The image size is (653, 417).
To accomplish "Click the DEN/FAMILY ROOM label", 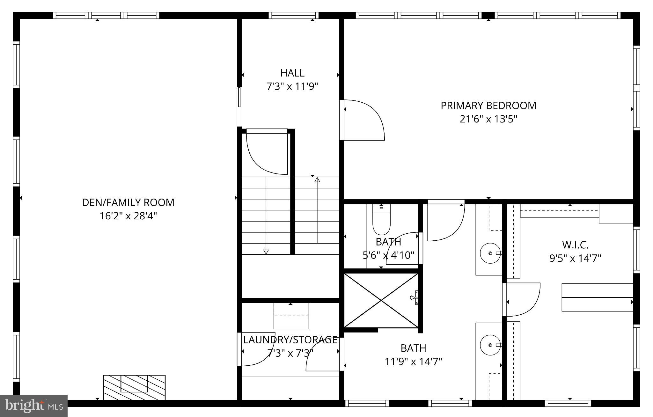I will click(128, 202).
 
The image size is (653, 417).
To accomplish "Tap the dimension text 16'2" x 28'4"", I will click(128, 216).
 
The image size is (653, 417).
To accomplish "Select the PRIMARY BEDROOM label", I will click(488, 106).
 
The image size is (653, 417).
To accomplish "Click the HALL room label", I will click(292, 73).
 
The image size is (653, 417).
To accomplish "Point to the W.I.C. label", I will click(575, 245).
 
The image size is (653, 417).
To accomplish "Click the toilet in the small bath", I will click(381, 220).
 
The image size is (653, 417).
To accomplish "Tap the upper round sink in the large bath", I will click(490, 253).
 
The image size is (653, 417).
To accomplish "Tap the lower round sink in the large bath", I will click(490, 345).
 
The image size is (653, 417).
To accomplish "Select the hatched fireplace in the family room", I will click(134, 387).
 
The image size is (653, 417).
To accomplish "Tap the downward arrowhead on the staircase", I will click(266, 252).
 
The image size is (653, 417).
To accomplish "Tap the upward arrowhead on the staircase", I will click(317, 180).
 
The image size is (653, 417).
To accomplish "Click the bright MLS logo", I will click(33, 406).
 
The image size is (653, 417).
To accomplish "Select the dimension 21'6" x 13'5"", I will click(488, 119).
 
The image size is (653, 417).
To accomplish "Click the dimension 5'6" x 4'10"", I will click(388, 255).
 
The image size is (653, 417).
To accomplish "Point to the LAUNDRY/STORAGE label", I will click(290, 340).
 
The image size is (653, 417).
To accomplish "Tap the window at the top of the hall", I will click(293, 15).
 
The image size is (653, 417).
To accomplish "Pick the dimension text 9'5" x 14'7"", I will click(575, 258).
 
